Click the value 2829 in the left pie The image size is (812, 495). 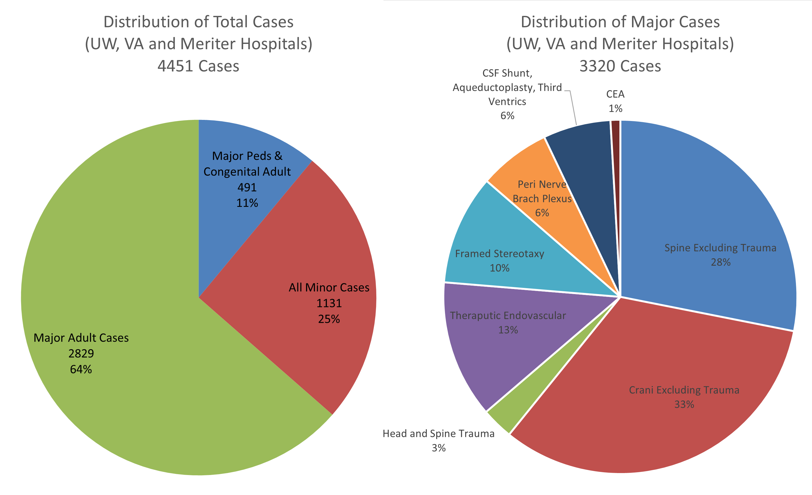(x=81, y=353)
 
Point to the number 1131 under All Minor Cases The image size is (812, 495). (x=329, y=303)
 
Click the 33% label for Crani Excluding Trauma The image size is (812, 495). (x=684, y=404)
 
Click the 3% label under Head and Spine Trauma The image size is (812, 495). (x=438, y=448)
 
